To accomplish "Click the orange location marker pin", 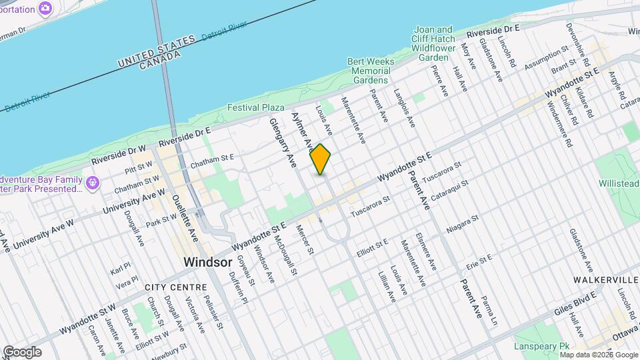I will [x=321, y=159].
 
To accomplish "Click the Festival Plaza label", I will [x=256, y=107].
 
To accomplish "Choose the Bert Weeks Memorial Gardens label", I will [x=370, y=71].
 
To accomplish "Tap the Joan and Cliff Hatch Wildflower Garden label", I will [x=434, y=43].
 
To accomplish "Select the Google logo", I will [x=22, y=351].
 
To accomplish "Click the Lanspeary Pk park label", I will [x=541, y=347].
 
